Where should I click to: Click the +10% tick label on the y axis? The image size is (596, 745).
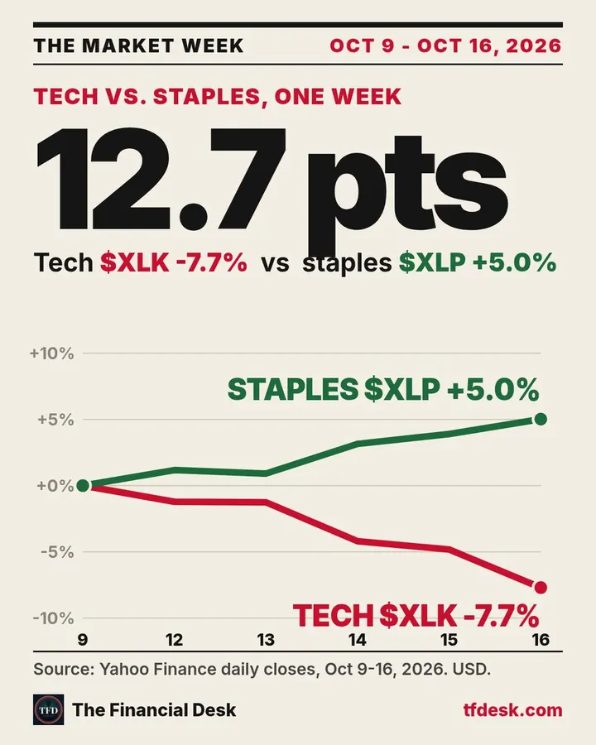pyautogui.click(x=52, y=353)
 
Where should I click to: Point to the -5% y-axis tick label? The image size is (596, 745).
pyautogui.click(x=57, y=552)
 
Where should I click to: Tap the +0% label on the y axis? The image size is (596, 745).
pyautogui.click(x=55, y=486)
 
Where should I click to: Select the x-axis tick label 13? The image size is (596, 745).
pyautogui.click(x=266, y=640)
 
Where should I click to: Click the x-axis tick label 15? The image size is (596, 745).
pyautogui.click(x=449, y=640)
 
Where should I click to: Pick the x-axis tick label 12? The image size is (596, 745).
pyautogui.click(x=175, y=640)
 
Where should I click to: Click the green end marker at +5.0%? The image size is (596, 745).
pyautogui.click(x=541, y=419)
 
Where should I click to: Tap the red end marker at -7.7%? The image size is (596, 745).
pyautogui.click(x=541, y=588)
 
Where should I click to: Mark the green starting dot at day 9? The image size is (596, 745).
pyautogui.click(x=83, y=486)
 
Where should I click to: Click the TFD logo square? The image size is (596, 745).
pyautogui.click(x=49, y=710)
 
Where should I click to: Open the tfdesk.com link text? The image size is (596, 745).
pyautogui.click(x=513, y=710)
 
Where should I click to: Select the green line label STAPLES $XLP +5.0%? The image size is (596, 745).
pyautogui.click(x=383, y=390)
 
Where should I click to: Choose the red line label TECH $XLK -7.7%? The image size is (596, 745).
pyautogui.click(x=416, y=616)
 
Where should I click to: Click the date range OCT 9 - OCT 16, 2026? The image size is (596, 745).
pyautogui.click(x=446, y=46)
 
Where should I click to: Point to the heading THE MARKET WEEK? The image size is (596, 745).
pyautogui.click(x=138, y=46)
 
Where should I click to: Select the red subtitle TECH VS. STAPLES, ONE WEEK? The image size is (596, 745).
pyautogui.click(x=217, y=97)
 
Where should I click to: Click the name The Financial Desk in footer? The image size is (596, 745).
pyautogui.click(x=154, y=710)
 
